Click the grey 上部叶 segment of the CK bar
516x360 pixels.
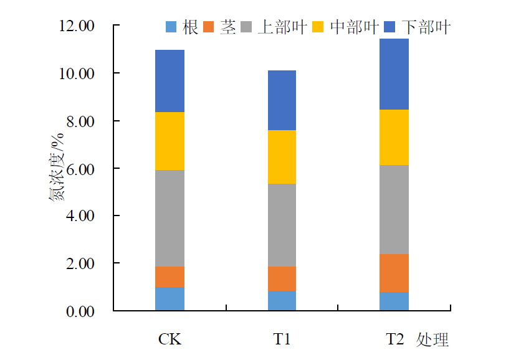click(x=170, y=218)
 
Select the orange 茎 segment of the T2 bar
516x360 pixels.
click(x=394, y=273)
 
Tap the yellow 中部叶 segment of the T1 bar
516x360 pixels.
click(x=282, y=157)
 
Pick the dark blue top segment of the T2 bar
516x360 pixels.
click(x=394, y=74)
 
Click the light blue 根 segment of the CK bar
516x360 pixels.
click(x=170, y=298)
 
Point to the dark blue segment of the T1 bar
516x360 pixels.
click(x=282, y=100)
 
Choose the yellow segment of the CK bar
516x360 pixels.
click(x=170, y=141)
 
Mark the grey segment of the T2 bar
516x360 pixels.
click(x=394, y=209)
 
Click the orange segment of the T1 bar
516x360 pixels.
click(x=282, y=278)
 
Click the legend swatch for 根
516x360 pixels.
click(x=171, y=27)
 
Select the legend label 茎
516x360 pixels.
click(x=228, y=27)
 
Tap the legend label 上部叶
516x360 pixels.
click(x=282, y=27)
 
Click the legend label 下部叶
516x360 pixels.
click(x=426, y=27)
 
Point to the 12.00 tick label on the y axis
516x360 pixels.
click(x=77, y=26)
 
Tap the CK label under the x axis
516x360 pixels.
click(x=170, y=340)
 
